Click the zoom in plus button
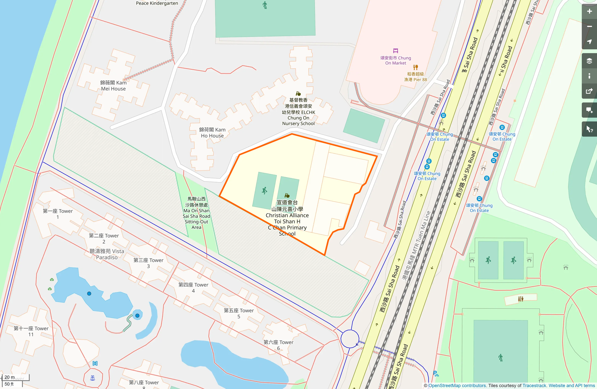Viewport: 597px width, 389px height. [x=589, y=11]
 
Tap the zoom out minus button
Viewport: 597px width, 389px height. [x=589, y=27]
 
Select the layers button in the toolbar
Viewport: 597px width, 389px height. [x=589, y=61]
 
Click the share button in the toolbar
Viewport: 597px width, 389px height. [x=589, y=91]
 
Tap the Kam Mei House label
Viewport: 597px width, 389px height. [x=113, y=86]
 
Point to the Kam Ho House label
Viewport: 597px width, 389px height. [x=212, y=133]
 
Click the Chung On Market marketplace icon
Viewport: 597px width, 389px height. [x=395, y=51]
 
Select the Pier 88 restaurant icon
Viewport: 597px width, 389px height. [x=415, y=67]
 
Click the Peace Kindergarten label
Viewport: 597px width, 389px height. [x=157, y=3]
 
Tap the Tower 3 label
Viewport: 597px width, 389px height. [x=148, y=263]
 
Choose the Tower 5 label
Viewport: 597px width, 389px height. [x=239, y=313]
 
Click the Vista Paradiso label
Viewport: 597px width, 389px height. [x=107, y=254]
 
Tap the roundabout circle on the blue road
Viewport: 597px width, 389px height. [x=350, y=339]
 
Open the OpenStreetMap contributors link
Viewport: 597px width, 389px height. [x=457, y=386]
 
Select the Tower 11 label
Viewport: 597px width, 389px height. [x=31, y=331]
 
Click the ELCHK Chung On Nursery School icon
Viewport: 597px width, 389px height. [x=298, y=94]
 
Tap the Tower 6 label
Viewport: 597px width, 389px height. [x=278, y=345]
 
